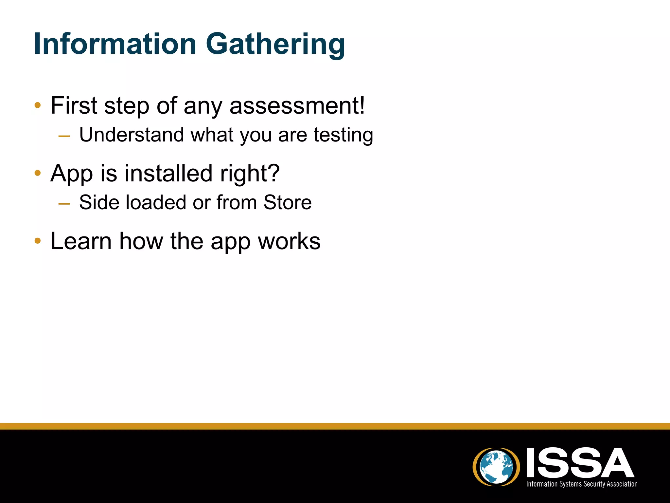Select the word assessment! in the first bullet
(x=297, y=105)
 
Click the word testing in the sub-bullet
(x=343, y=135)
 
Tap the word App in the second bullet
(x=72, y=174)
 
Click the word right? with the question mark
(x=250, y=174)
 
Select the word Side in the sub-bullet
(x=99, y=202)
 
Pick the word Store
(x=288, y=202)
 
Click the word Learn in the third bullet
(x=81, y=241)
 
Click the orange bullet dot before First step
(x=38, y=105)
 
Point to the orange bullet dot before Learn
(x=38, y=241)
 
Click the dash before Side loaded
(x=64, y=204)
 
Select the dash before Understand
(x=64, y=136)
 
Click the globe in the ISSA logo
(x=496, y=467)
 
